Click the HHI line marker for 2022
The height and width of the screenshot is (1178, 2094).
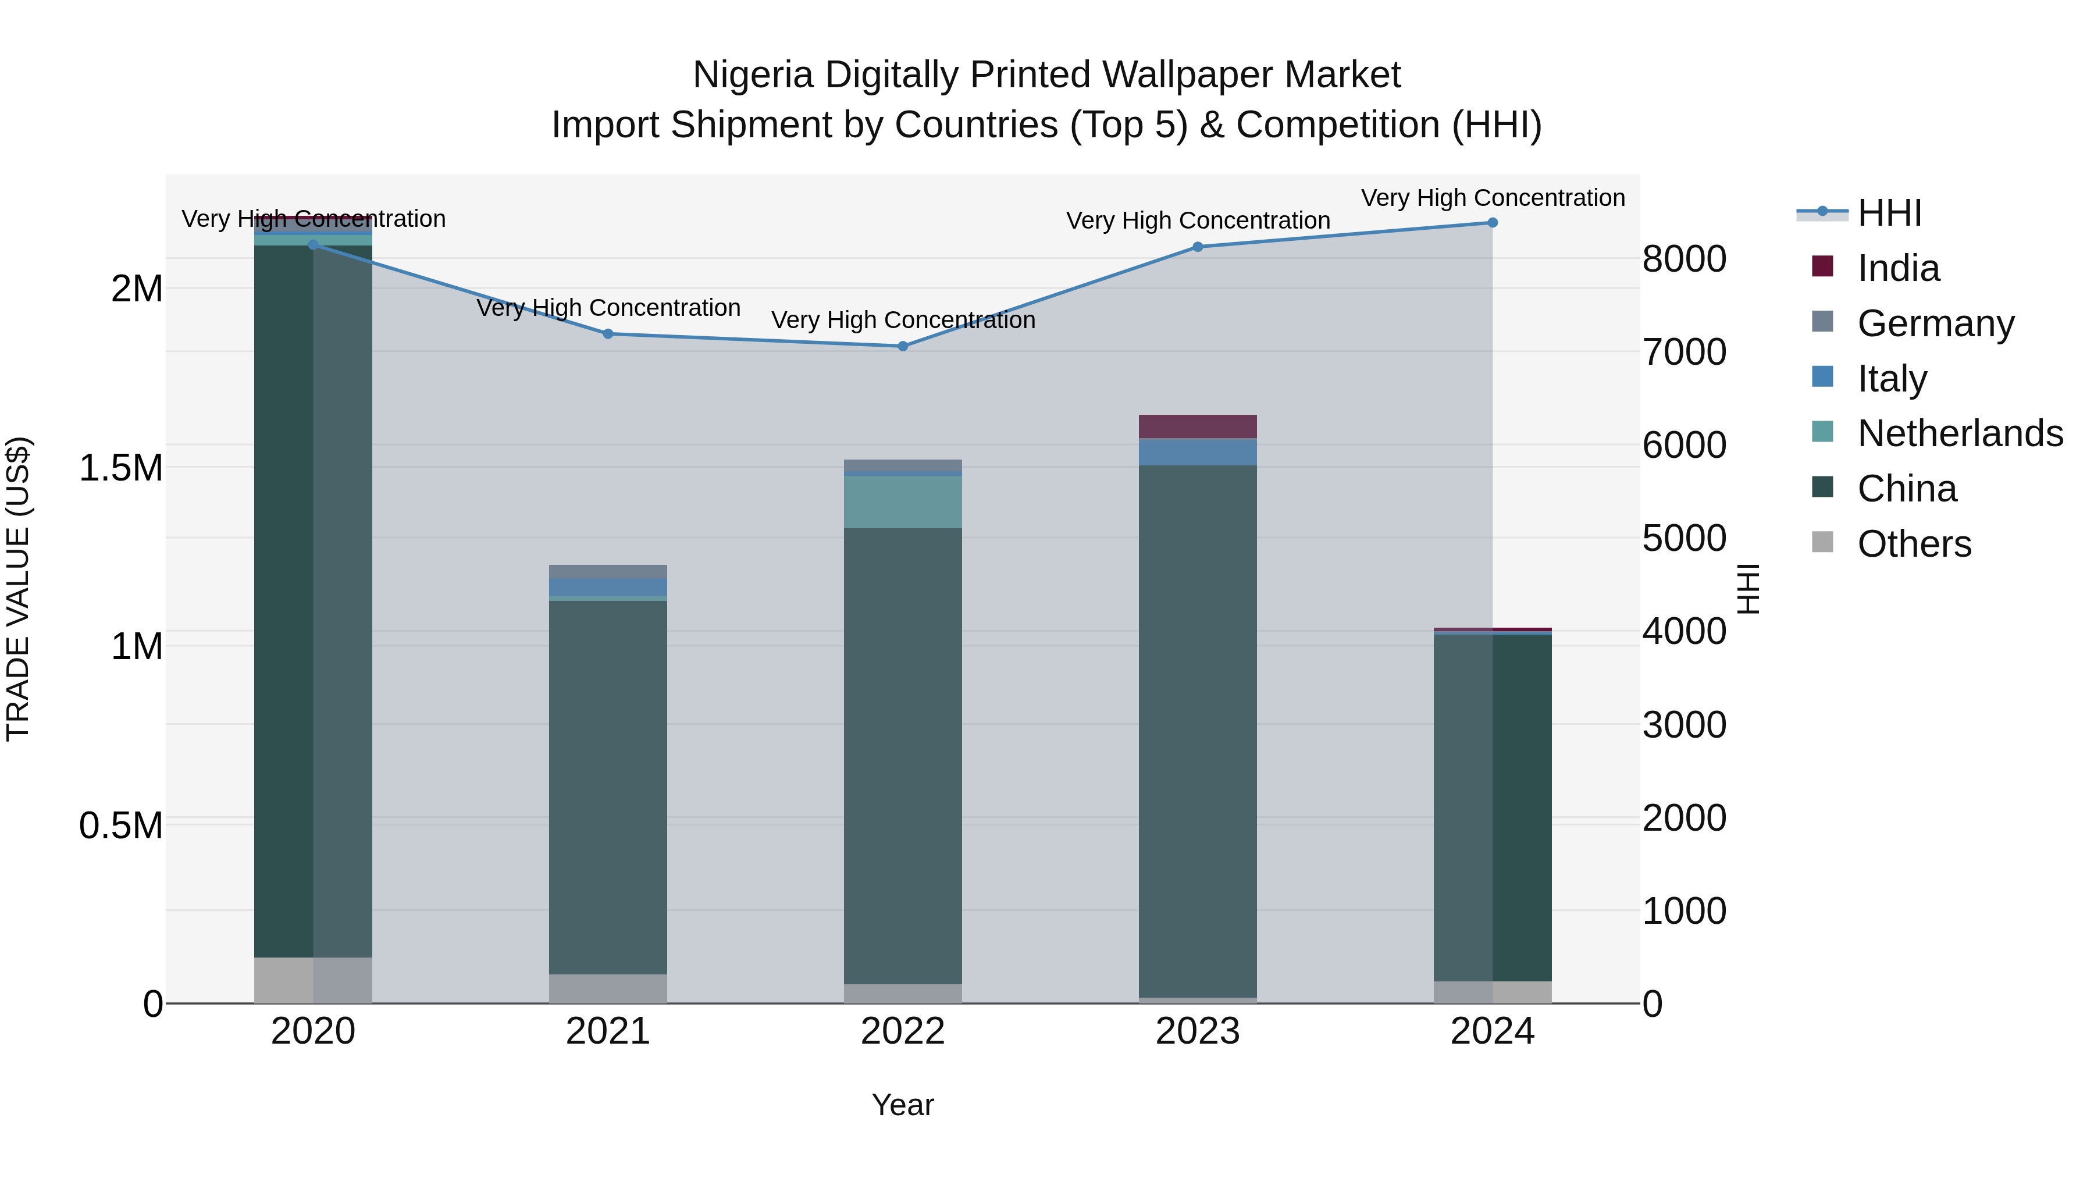point(902,346)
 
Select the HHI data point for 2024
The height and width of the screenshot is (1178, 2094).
point(1493,223)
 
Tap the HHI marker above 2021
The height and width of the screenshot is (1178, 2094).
point(608,334)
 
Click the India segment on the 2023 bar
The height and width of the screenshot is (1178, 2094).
point(1198,427)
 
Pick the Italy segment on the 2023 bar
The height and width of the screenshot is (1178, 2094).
point(1198,452)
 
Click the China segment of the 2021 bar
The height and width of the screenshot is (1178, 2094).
point(608,787)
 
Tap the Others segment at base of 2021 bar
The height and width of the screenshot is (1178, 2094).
point(608,988)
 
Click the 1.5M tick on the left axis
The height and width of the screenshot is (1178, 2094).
point(121,468)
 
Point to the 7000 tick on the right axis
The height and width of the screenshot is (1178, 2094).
point(1683,352)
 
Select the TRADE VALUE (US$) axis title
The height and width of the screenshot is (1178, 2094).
point(18,589)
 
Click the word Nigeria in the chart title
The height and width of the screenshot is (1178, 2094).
point(753,75)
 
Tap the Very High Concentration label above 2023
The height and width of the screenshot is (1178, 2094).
point(1198,220)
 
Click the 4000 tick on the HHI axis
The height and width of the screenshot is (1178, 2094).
point(1683,632)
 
